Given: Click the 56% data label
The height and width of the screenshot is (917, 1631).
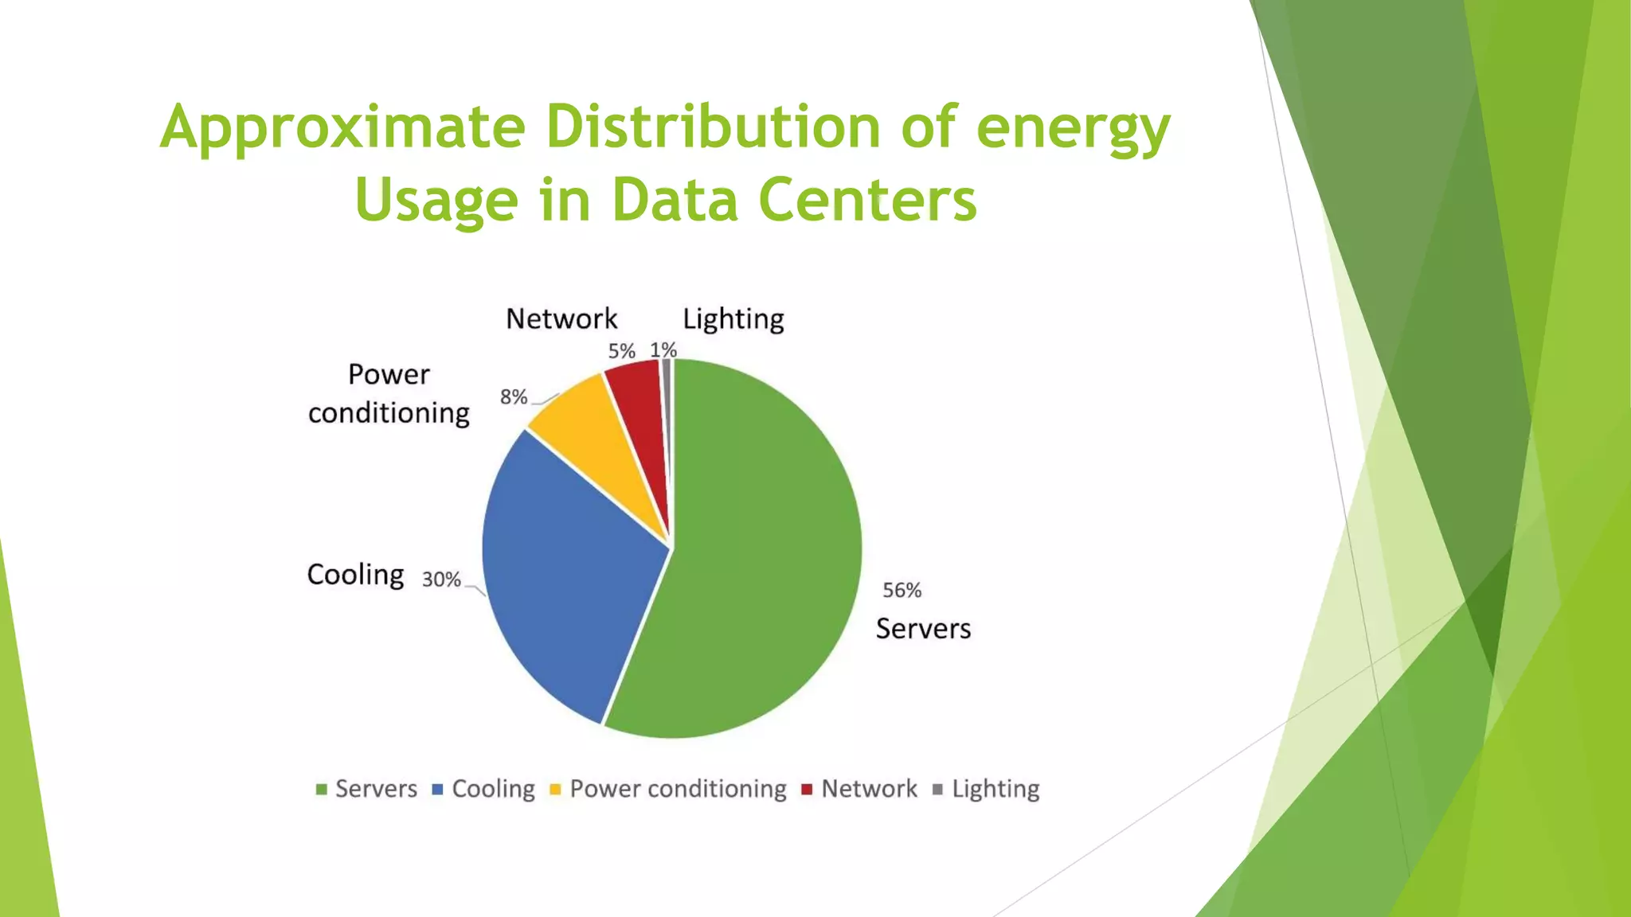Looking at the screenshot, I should [x=902, y=591].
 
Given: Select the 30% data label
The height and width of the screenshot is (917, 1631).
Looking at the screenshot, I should [x=441, y=579].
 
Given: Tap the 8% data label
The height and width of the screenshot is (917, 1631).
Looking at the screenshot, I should [x=514, y=396].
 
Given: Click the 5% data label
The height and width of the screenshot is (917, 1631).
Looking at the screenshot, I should [x=621, y=351].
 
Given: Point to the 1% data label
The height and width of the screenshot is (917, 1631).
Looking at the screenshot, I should [x=663, y=349].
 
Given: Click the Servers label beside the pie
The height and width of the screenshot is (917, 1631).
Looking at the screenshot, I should [x=923, y=629].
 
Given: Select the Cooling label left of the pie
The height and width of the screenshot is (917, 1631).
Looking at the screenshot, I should [x=355, y=575].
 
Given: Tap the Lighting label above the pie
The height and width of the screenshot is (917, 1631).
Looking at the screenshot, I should [x=733, y=319].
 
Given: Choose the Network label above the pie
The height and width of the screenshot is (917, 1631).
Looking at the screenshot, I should [x=561, y=319].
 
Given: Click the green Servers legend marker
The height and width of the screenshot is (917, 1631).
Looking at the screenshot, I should [x=322, y=790].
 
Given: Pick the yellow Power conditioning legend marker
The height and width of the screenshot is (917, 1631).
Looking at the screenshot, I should [x=556, y=790].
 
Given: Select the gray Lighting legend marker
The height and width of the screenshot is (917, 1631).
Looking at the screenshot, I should [x=937, y=790].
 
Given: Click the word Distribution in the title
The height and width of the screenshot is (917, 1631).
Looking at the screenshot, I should [x=713, y=127].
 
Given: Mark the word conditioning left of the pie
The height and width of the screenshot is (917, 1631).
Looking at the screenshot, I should [x=389, y=413].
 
